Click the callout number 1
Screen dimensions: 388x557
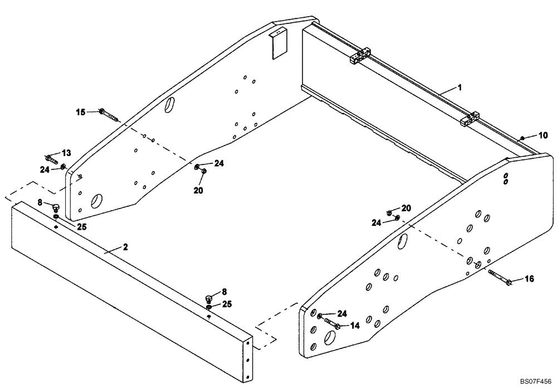(x=460, y=88)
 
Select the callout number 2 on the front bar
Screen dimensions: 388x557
(x=125, y=247)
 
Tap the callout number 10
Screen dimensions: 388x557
(x=543, y=135)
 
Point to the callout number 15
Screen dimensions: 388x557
(x=81, y=112)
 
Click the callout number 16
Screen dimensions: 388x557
(x=529, y=278)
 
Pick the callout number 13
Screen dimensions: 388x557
(x=66, y=153)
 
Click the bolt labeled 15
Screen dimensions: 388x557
(x=109, y=115)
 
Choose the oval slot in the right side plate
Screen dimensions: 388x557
(x=403, y=241)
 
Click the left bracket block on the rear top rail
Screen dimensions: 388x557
(x=360, y=57)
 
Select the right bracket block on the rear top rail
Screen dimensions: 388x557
(x=470, y=119)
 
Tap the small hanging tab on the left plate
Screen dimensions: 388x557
(x=277, y=45)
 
